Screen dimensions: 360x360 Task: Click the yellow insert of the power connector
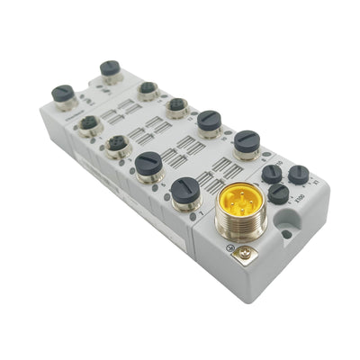point(240,201)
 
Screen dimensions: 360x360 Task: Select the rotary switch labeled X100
point(279,193)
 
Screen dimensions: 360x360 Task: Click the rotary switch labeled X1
point(299,174)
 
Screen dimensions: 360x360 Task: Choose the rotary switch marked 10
point(271,173)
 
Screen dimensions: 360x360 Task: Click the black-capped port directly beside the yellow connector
point(185,191)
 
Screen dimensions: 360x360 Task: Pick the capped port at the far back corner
point(111,69)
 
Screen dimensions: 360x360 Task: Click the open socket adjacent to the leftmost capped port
point(89,123)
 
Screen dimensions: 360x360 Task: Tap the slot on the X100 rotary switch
point(279,193)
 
